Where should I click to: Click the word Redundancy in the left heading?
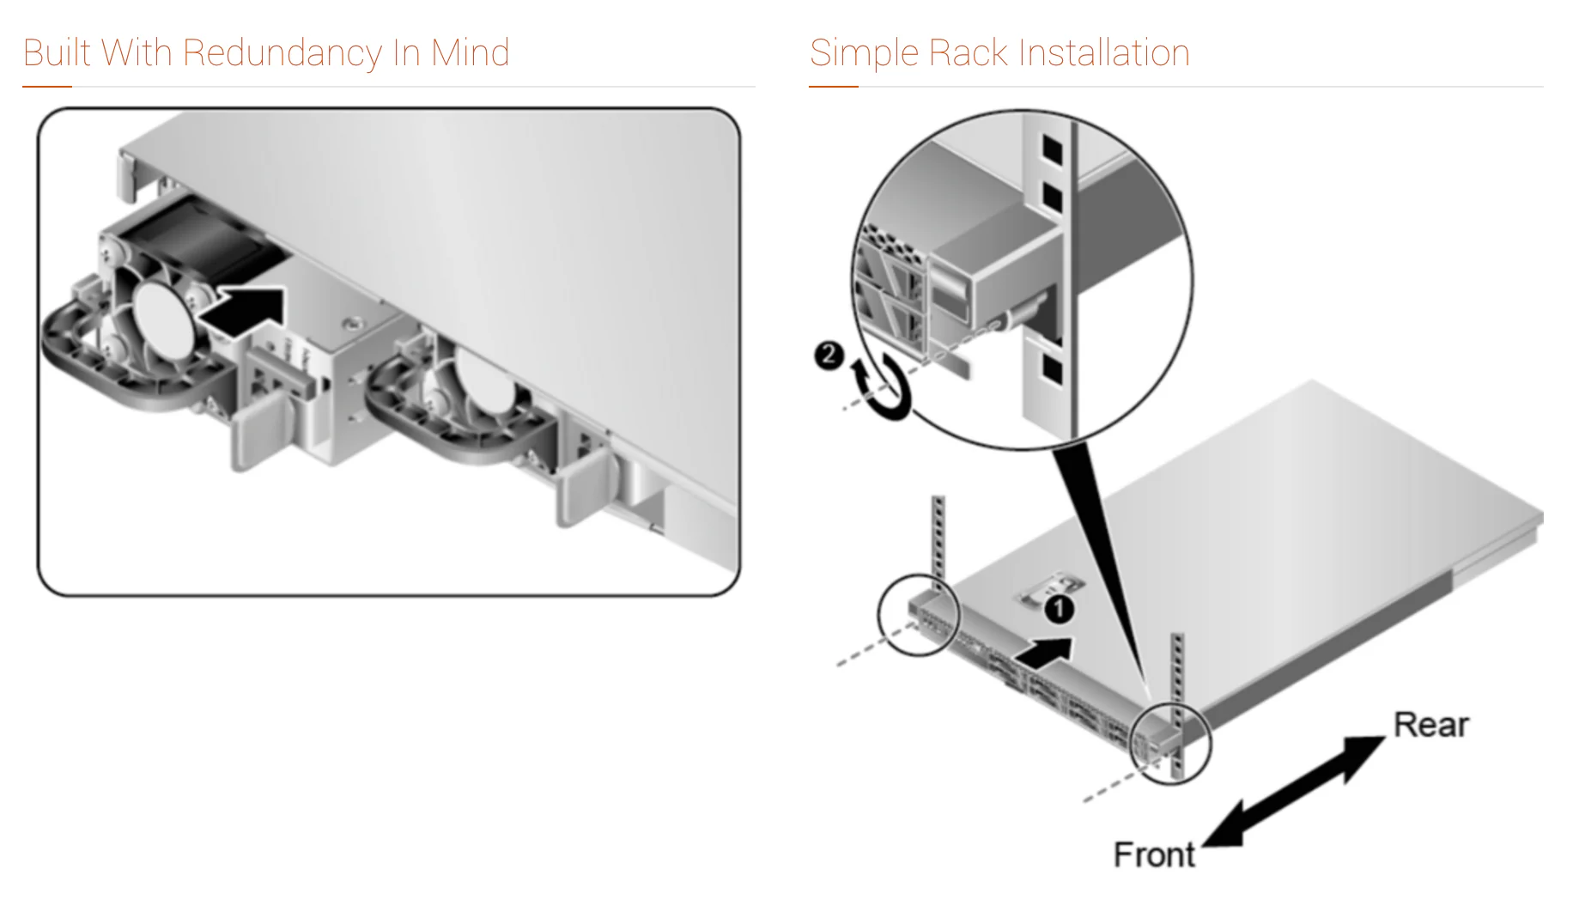pyautogui.click(x=282, y=53)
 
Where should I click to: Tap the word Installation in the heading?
pyautogui.click(x=1104, y=53)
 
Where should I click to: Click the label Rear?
pyautogui.click(x=1430, y=725)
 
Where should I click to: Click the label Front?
pyautogui.click(x=1153, y=854)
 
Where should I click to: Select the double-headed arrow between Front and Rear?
pyautogui.click(x=1293, y=791)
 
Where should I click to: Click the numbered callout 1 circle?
pyautogui.click(x=1060, y=609)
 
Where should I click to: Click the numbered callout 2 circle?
pyautogui.click(x=829, y=355)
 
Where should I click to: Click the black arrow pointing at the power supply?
pyautogui.click(x=242, y=308)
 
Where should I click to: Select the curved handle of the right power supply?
pyautogui.click(x=429, y=429)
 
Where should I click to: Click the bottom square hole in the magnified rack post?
pyautogui.click(x=1052, y=368)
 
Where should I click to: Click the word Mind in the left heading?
pyautogui.click(x=471, y=53)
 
